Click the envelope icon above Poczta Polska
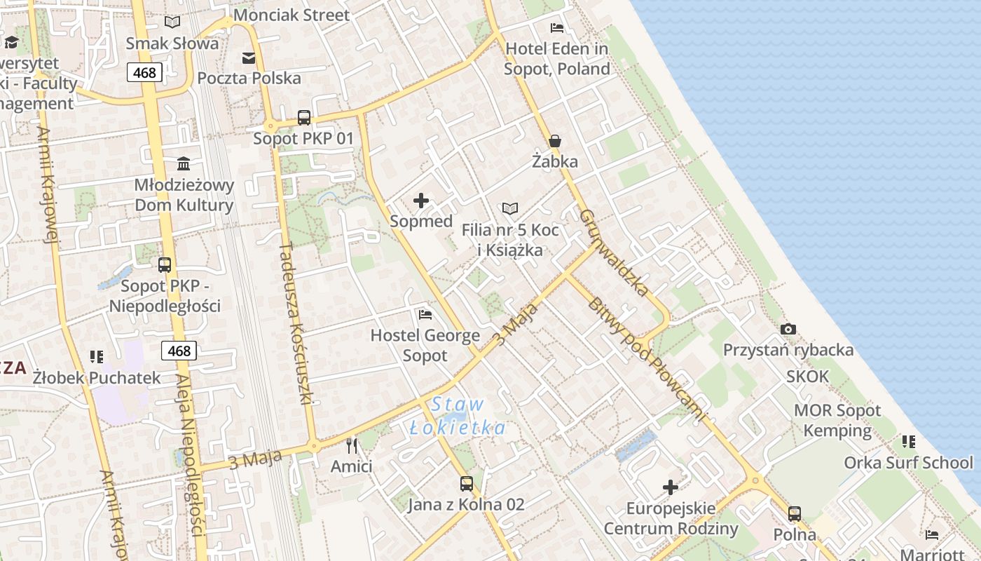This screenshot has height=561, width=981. [x=249, y=58]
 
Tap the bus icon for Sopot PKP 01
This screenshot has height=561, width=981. [x=303, y=118]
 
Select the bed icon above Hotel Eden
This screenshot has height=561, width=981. [x=557, y=28]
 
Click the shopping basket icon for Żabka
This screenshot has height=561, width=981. [x=555, y=141]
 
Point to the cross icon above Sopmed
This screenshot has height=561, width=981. [x=421, y=201]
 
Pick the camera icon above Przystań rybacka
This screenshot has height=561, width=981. [x=788, y=329]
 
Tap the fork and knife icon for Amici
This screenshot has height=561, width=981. [x=352, y=445]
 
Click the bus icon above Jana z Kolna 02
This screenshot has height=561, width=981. [x=466, y=483]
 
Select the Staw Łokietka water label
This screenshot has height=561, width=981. [x=457, y=416]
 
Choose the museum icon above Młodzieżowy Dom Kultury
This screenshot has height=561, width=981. [x=184, y=164]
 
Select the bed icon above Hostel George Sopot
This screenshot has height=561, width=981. [x=425, y=314]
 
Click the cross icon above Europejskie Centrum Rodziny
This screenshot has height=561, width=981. [x=671, y=487]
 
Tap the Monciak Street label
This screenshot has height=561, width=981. [x=291, y=15]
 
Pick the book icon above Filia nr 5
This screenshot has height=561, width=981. [x=510, y=209]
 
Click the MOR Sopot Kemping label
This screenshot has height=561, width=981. [x=837, y=420]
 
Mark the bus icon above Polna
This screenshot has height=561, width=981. [x=794, y=514]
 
